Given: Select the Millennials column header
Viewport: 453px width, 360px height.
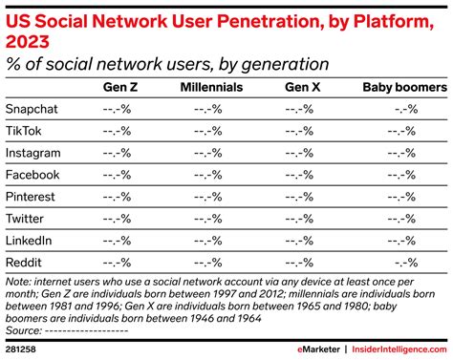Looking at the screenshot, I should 211,88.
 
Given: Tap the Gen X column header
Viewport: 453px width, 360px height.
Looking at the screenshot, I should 302,88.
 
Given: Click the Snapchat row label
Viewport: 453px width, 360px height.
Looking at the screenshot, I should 32,109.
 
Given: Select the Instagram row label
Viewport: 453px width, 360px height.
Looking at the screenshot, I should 33,153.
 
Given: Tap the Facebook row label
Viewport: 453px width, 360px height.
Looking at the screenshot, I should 32,175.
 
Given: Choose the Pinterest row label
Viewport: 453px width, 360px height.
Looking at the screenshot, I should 32,197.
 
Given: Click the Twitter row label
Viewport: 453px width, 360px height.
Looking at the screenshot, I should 26,219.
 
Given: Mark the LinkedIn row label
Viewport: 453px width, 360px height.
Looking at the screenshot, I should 29,241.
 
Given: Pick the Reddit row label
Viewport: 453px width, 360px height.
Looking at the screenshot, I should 25,263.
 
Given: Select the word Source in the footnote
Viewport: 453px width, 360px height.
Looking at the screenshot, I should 21,329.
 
